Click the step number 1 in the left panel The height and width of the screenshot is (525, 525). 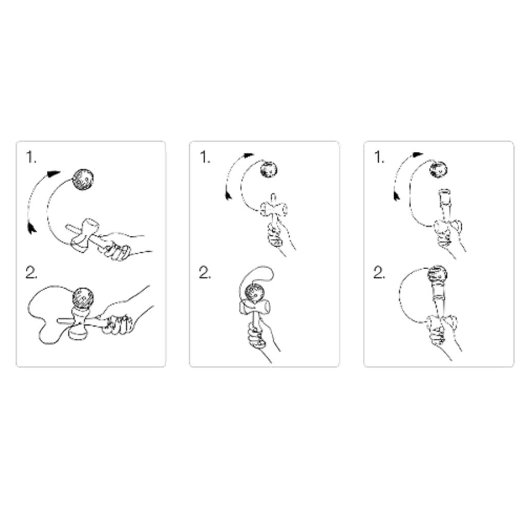31,158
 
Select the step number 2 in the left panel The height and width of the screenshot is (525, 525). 32,273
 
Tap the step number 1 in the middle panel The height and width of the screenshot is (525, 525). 205,158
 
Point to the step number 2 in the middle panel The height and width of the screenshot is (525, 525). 205,273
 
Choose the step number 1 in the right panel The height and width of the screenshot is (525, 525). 379,158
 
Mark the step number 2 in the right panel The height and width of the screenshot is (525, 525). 379,273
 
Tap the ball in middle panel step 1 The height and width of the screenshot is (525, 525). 269,170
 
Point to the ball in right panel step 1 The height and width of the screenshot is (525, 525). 439,169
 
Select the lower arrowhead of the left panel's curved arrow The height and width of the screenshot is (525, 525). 32,227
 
